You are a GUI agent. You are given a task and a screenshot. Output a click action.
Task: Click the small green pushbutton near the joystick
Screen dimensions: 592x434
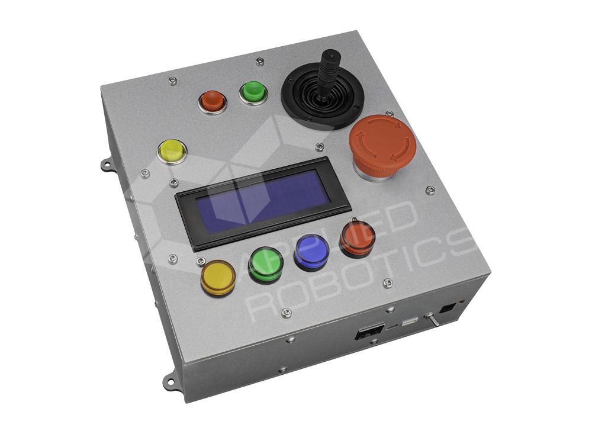tap(253, 92)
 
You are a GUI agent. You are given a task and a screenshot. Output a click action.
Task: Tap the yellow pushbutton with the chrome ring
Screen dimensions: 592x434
tap(172, 151)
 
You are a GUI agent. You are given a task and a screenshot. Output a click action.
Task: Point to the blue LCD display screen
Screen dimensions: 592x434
tap(263, 202)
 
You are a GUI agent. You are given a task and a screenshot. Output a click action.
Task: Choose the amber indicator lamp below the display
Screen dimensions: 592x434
tap(218, 278)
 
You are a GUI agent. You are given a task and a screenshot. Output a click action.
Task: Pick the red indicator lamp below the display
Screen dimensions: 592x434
tap(358, 239)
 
